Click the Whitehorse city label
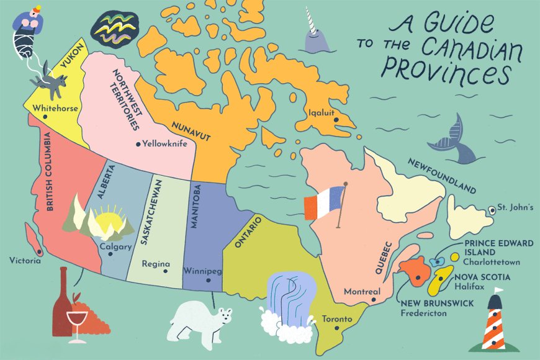[x=56, y=108]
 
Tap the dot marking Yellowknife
[x=138, y=144]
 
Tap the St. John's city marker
[x=492, y=209]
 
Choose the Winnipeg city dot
[x=209, y=280]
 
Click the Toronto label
[x=337, y=320]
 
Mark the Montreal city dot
[x=373, y=300]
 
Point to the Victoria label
[x=25, y=261]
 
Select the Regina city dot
[x=164, y=271]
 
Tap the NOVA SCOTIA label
[x=482, y=277]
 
